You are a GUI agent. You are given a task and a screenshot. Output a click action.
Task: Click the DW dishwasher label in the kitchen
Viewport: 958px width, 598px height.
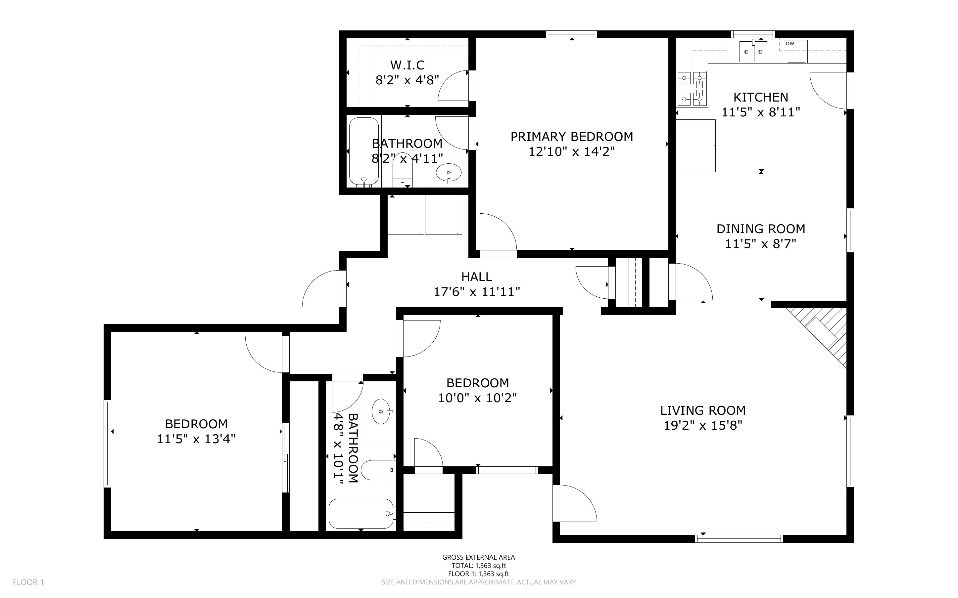790,44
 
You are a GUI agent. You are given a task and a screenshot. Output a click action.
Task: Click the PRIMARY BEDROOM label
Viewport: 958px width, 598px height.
572,137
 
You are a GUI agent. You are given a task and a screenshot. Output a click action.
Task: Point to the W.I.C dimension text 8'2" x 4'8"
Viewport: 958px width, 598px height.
407,80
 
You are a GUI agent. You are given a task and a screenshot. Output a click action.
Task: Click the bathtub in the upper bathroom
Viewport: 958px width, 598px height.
364,152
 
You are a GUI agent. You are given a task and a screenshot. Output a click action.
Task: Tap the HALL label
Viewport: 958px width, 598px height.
477,277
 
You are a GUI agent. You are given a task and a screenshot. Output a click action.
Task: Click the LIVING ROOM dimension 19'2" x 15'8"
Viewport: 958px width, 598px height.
703,426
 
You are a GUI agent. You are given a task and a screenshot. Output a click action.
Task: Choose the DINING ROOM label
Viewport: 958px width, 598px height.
761,229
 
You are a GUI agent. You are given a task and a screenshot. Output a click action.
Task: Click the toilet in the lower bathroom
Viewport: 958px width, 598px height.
379,470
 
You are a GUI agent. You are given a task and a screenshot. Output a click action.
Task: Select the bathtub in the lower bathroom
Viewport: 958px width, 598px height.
361,513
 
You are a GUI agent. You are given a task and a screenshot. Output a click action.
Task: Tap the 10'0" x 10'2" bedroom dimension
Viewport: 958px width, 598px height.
478,398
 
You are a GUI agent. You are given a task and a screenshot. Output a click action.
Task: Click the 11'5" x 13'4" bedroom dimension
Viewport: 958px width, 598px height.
196,439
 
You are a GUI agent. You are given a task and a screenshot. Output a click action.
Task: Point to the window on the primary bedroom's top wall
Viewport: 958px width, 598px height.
571,34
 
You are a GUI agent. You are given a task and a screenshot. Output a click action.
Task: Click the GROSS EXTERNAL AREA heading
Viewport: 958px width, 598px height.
479,557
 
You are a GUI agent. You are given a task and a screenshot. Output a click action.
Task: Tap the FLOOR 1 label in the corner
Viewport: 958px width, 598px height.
28,582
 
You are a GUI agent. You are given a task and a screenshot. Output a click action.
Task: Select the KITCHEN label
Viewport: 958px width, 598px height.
761,97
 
